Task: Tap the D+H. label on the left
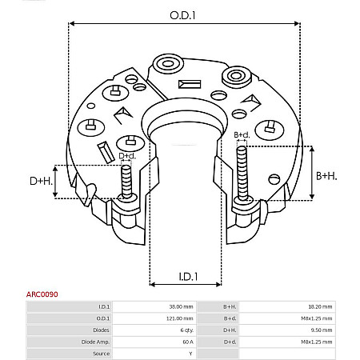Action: [41, 182]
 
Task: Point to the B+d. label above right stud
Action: [242, 135]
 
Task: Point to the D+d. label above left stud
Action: [127, 155]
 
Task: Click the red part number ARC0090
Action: [42, 294]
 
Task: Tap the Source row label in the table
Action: [102, 353]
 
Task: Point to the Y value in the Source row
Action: [190, 353]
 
